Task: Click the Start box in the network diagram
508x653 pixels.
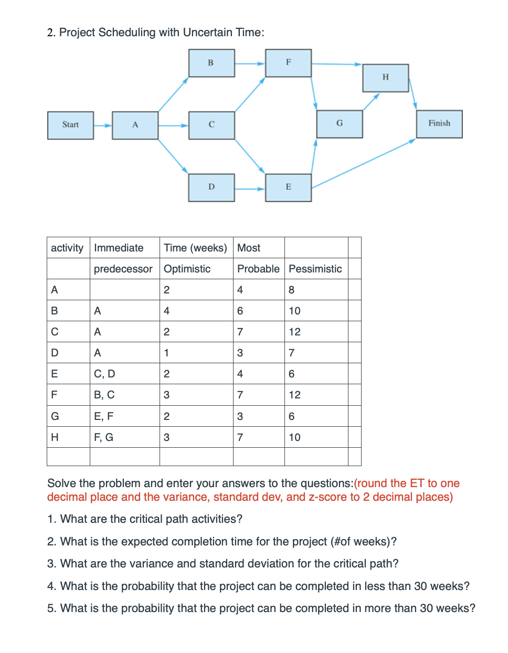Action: [x=70, y=125]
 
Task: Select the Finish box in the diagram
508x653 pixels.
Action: [x=439, y=124]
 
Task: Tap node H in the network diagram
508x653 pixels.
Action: [x=385, y=78]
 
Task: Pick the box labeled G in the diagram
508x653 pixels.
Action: [x=340, y=124]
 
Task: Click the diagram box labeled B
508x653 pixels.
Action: [x=211, y=63]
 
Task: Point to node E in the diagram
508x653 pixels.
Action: [x=288, y=187]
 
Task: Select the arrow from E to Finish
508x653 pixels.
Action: [x=363, y=164]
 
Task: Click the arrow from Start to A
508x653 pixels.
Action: [x=103, y=125]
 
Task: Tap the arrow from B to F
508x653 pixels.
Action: [x=250, y=64]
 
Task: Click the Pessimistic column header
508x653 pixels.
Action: [x=315, y=269]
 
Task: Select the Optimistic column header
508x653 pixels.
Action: [x=187, y=269]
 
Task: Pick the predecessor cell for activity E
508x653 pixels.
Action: [x=104, y=374]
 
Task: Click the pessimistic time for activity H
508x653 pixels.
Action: [x=294, y=437]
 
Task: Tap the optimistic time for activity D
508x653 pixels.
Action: [x=166, y=353]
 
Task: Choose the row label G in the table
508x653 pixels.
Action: [x=55, y=416]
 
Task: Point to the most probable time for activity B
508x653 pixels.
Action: [x=240, y=311]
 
